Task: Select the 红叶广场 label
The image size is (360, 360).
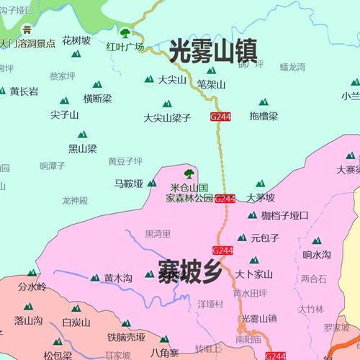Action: click(x=125, y=48)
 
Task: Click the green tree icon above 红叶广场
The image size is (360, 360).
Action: click(x=125, y=33)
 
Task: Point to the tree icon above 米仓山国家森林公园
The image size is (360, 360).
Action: click(x=189, y=173)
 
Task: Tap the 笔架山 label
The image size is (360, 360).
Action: click(x=212, y=84)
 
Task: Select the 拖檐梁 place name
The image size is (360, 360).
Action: click(x=263, y=115)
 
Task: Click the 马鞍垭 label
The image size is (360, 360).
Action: click(x=130, y=184)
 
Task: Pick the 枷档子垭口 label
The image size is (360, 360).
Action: click(x=284, y=215)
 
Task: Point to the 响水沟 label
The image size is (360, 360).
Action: click(x=316, y=254)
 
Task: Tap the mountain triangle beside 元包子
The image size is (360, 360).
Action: click(x=242, y=238)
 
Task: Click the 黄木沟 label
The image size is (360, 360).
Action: click(x=118, y=278)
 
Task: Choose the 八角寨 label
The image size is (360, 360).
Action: click(x=165, y=353)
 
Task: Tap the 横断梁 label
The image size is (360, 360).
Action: click(x=97, y=99)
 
